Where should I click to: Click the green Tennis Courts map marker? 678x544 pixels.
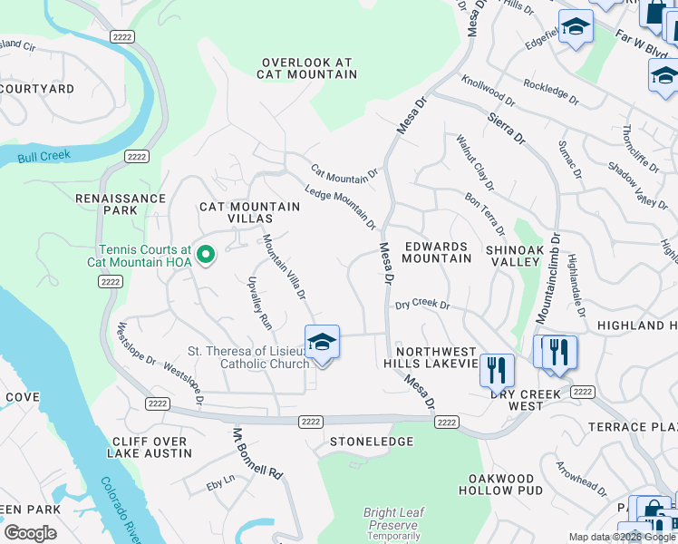[206, 256]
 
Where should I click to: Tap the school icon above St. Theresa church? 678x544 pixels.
[322, 343]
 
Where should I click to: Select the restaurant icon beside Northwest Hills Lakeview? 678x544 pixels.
[496, 369]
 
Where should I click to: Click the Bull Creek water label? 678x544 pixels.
[43, 157]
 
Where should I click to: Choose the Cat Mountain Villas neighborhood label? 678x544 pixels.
[249, 213]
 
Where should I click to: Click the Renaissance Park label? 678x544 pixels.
[121, 204]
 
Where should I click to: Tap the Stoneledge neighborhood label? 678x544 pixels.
[363, 442]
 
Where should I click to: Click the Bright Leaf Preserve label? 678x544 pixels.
[392, 519]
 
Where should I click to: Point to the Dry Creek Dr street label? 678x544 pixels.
[422, 306]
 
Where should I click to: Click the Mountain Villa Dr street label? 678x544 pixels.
[284, 267]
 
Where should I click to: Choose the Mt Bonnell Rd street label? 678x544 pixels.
[258, 453]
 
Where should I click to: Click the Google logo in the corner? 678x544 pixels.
[30, 533]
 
